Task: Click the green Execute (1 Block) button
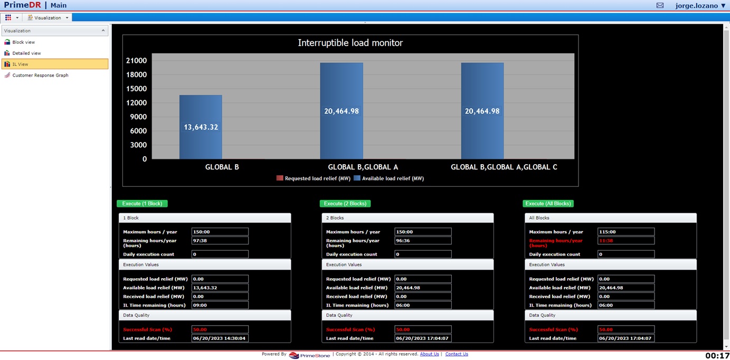tap(142, 204)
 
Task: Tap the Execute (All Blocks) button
tap(548, 204)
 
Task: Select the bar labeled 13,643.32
tap(201, 127)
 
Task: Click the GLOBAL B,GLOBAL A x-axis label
tap(363, 167)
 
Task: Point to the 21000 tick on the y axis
tap(136, 61)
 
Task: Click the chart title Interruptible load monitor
tap(350, 43)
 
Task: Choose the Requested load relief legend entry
tap(314, 178)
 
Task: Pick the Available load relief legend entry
tap(388, 178)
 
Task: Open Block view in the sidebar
tap(23, 42)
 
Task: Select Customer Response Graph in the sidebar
tap(40, 75)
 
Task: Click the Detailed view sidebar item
tap(26, 53)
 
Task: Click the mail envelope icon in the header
tap(660, 6)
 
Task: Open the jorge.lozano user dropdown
tap(700, 6)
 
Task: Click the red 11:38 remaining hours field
tap(625, 241)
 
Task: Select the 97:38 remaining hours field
tap(220, 241)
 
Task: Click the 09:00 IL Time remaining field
tap(220, 305)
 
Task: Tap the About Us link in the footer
tap(429, 354)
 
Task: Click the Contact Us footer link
tap(457, 354)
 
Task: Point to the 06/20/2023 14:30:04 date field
tap(220, 338)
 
